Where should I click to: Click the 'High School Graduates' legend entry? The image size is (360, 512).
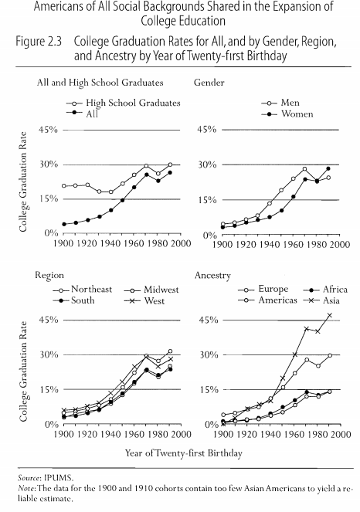pyautogui.click(x=124, y=103)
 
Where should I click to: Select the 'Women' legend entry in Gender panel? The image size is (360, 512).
pyautogui.click(x=287, y=114)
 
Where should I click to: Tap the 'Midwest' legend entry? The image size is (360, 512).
pyautogui.click(x=151, y=290)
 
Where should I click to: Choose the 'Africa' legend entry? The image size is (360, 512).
pyautogui.click(x=325, y=290)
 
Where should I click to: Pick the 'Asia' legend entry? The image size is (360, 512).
pyautogui.click(x=321, y=300)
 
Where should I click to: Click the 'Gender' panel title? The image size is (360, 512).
pyautogui.click(x=209, y=83)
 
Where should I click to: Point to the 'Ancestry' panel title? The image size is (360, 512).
pyautogui.click(x=212, y=276)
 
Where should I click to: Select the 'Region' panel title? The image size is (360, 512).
pyautogui.click(x=49, y=276)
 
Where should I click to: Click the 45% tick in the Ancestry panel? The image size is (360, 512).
pyautogui.click(x=209, y=320)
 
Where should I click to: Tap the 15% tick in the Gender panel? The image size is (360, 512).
pyautogui.click(x=207, y=200)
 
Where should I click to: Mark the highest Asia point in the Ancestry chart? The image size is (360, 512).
pyautogui.click(x=330, y=315)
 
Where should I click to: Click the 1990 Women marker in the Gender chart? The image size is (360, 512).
pyautogui.click(x=328, y=168)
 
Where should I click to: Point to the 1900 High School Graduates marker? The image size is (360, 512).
pyautogui.click(x=64, y=186)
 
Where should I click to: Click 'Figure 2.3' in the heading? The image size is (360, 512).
pyautogui.click(x=39, y=42)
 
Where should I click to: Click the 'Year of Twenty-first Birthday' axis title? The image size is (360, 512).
pyautogui.click(x=184, y=453)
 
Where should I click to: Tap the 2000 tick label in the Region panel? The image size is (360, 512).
pyautogui.click(x=182, y=434)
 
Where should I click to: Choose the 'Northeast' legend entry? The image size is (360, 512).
pyautogui.click(x=83, y=290)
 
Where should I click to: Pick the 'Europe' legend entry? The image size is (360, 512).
pyautogui.click(x=263, y=290)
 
